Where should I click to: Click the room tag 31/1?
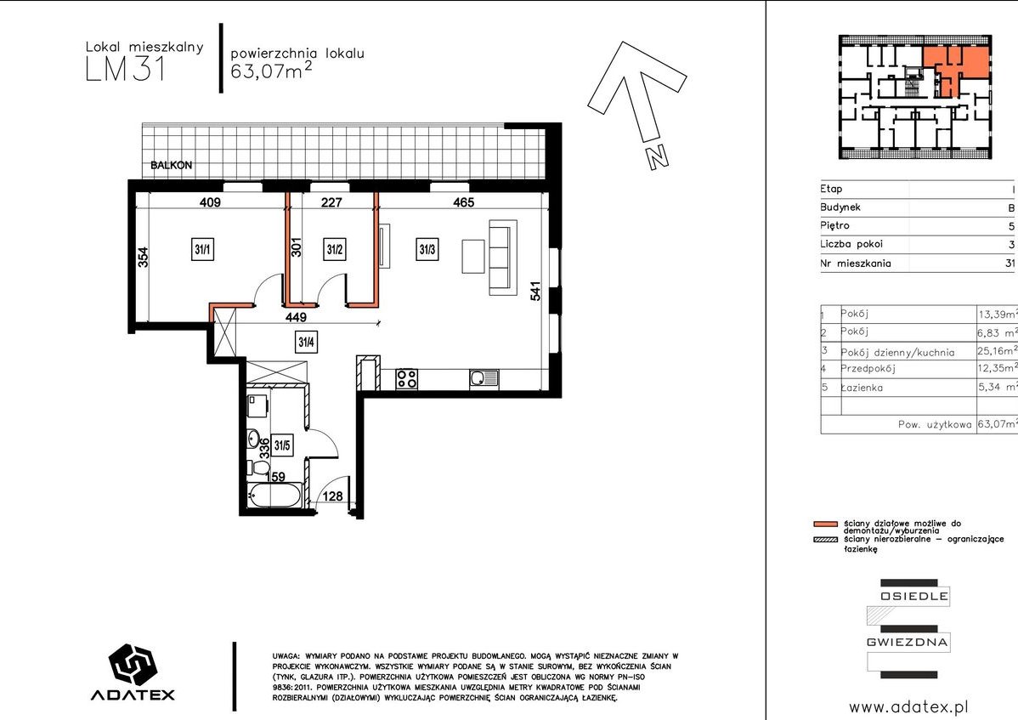coord(202,249)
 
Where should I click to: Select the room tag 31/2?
coord(335,249)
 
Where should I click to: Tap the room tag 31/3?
coord(427,249)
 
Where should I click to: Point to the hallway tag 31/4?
coord(307,342)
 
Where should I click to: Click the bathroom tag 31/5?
coord(282,445)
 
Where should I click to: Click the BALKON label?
coord(172,166)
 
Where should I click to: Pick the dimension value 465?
coord(464,202)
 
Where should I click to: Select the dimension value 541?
coord(535,290)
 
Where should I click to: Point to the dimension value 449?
coord(296,317)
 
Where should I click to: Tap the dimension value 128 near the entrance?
coord(332,496)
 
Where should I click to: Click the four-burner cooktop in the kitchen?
coord(407,378)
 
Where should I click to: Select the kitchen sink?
coord(484,378)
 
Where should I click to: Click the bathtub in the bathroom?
coord(275,496)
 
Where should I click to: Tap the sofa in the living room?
coord(503,257)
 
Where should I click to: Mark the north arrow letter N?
coord(658,156)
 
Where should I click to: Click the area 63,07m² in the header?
coord(271,70)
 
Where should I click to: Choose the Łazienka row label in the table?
coord(862,388)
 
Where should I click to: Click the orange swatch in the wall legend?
coord(825,524)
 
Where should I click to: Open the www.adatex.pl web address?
coord(909,707)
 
